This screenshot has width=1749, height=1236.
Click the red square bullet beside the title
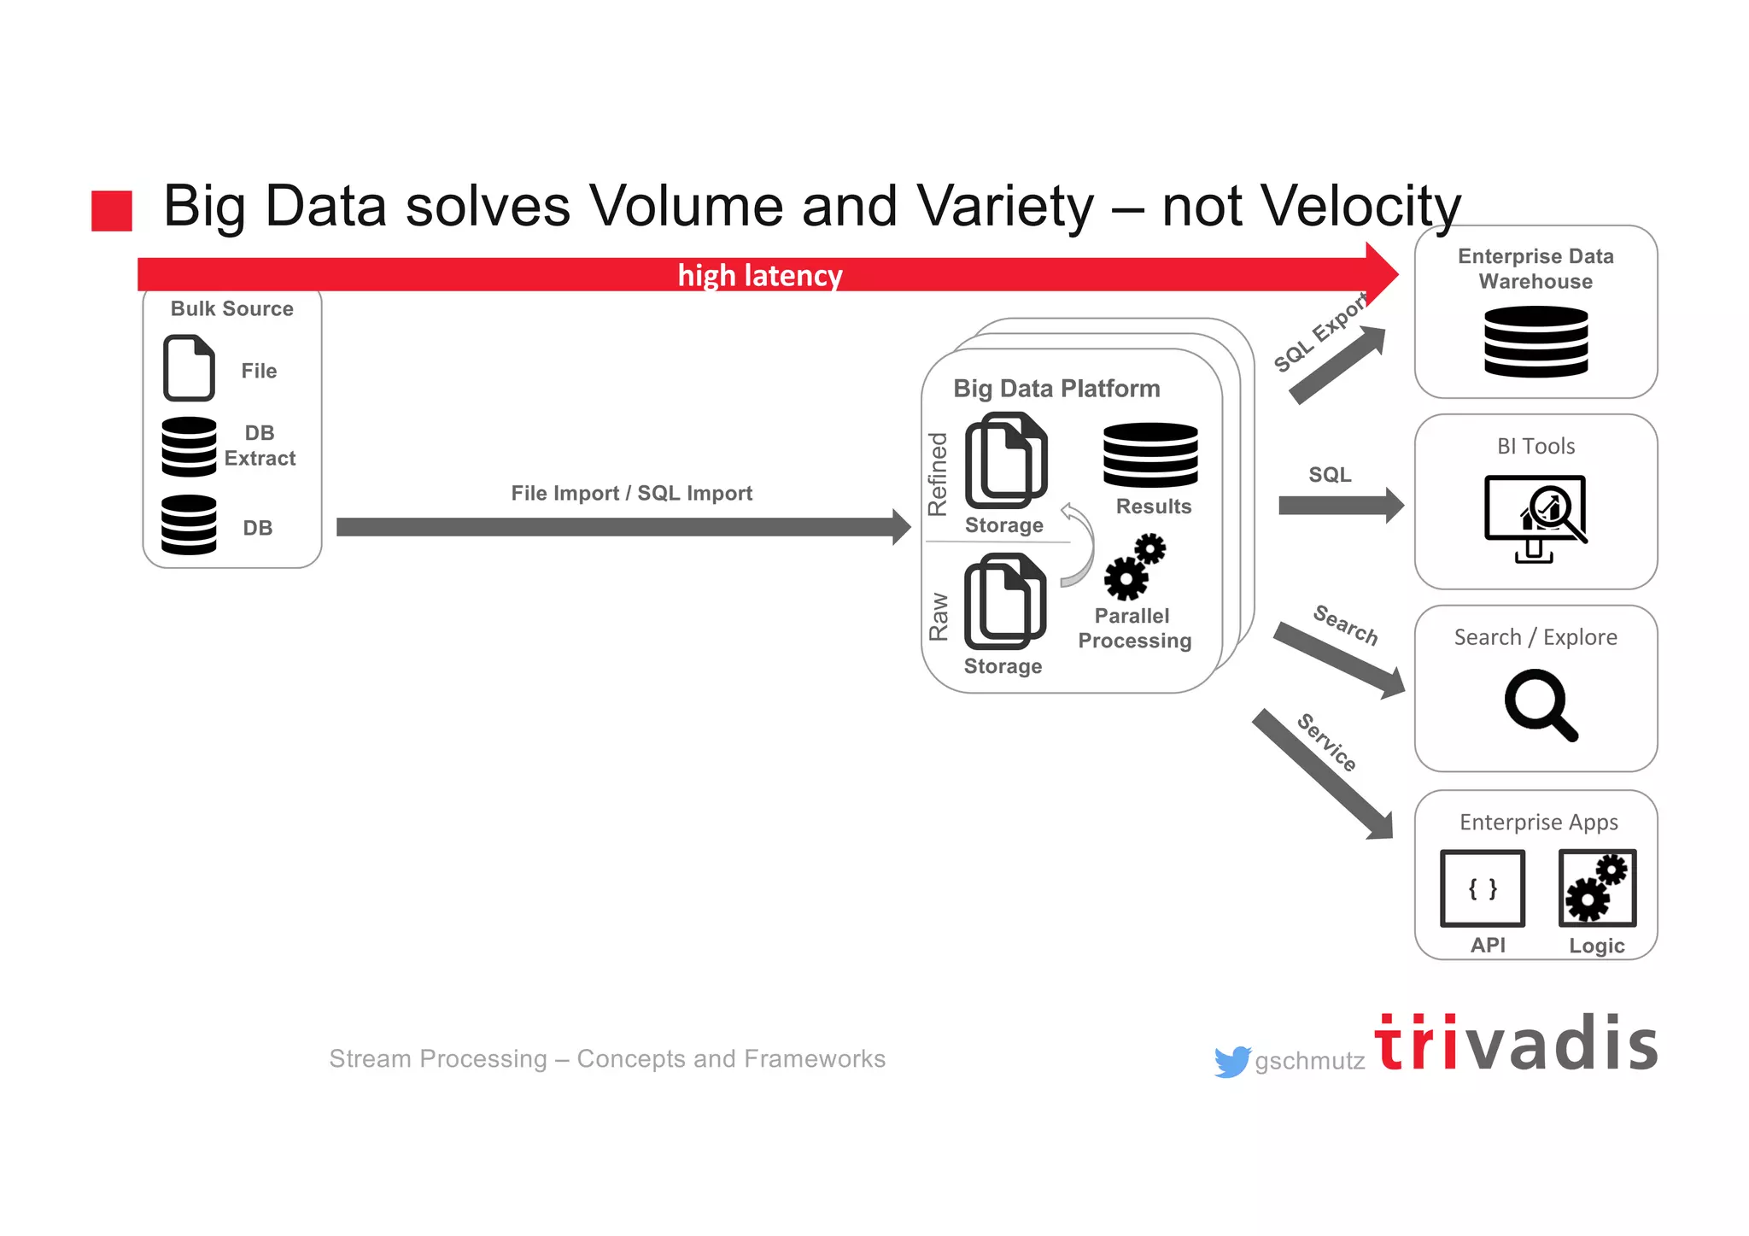point(112,210)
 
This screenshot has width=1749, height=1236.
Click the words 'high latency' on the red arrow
point(759,276)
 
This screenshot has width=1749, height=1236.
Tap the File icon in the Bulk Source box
point(189,368)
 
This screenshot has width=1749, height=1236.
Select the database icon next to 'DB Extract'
point(189,446)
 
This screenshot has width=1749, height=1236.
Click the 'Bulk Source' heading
point(231,308)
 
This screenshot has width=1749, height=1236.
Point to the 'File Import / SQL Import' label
point(631,493)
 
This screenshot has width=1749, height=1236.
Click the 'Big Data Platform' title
point(1056,389)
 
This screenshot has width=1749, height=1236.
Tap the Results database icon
point(1150,454)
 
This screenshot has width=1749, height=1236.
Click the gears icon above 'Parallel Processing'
point(1134,567)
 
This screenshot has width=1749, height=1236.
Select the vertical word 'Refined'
point(938,474)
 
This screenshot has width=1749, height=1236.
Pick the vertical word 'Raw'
point(939,616)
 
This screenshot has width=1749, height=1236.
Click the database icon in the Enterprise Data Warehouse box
point(1535,342)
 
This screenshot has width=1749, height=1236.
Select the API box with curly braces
point(1483,888)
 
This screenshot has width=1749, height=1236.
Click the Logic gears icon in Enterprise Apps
point(1597,888)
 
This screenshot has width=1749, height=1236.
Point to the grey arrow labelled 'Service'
point(1322,774)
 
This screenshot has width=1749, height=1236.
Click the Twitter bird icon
point(1231,1062)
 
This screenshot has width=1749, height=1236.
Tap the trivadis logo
point(1516,1043)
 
